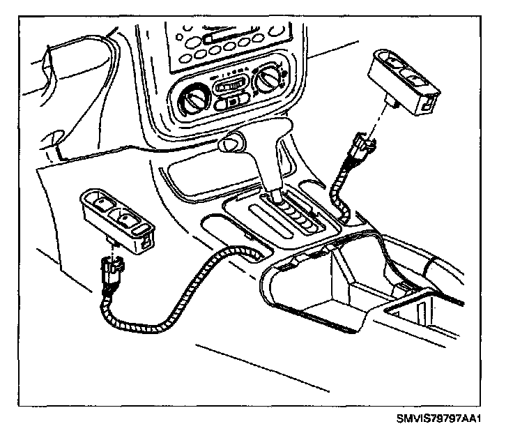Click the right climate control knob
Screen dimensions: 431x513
(x=266, y=84)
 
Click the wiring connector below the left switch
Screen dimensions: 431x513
(x=110, y=273)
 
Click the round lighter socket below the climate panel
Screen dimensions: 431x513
(x=230, y=143)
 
